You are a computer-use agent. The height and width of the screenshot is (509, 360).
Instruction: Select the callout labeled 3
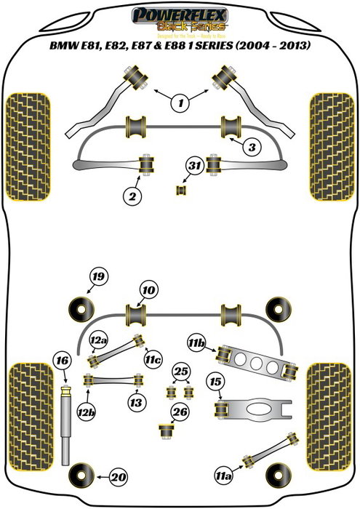(252, 148)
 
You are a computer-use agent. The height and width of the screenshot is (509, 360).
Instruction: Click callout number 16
(63, 361)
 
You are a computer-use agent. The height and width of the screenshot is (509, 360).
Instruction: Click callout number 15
(215, 381)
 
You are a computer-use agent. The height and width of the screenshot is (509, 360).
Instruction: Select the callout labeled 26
(180, 414)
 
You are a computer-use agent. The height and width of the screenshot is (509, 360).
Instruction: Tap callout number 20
(117, 478)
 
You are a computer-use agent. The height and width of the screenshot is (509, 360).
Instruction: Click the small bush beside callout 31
(181, 191)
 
